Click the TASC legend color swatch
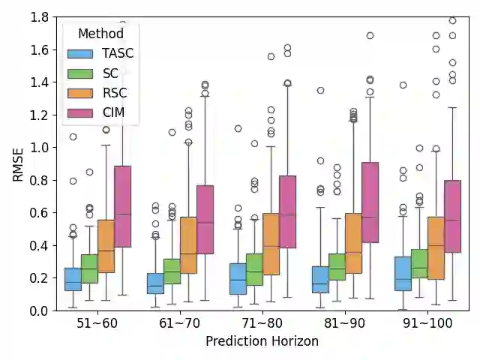(79, 54)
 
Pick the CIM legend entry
(112, 112)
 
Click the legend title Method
(100, 34)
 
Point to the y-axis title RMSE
(18, 163)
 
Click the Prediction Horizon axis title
(262, 341)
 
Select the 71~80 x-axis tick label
(262, 323)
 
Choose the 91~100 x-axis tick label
(427, 323)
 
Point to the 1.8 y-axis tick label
(40, 17)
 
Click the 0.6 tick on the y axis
(40, 213)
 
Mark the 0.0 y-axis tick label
(40, 310)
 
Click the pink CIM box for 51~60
(122, 206)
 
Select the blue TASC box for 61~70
(155, 283)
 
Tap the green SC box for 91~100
(419, 264)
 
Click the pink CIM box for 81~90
(370, 202)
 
